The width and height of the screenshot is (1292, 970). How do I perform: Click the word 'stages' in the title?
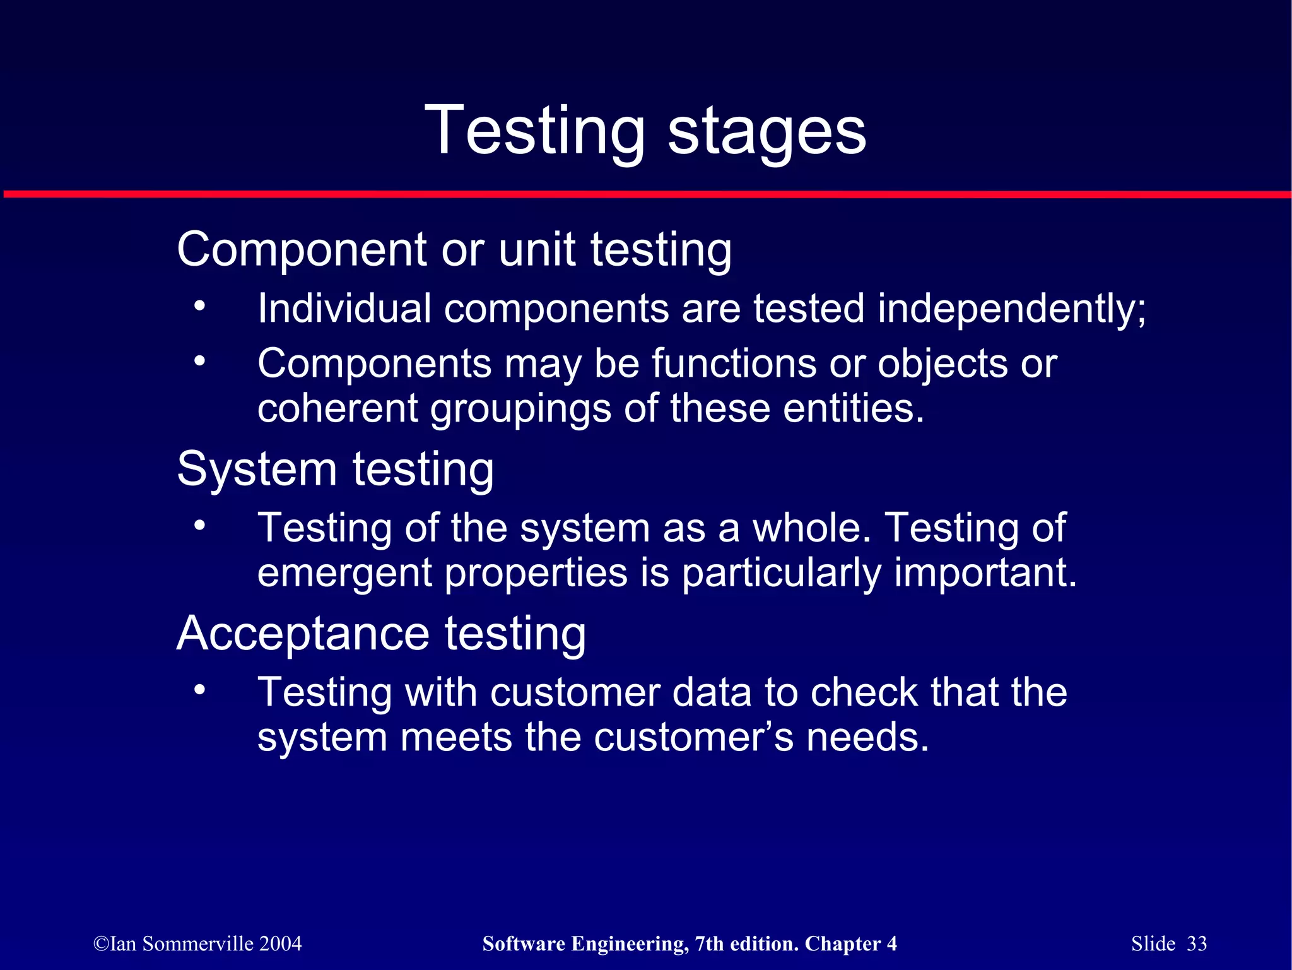point(766,133)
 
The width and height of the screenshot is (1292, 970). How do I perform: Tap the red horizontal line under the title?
point(646,194)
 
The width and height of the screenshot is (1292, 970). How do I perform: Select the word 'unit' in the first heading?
point(537,249)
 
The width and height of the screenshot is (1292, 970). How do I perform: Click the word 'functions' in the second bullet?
point(734,364)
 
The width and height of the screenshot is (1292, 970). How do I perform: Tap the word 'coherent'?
point(338,408)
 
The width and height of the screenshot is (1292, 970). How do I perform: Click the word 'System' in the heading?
point(257,470)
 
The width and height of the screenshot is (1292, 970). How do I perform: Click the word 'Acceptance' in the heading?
point(303,634)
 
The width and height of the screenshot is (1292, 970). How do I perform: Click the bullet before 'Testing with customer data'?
point(199,690)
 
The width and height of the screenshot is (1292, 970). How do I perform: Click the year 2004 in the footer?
point(280,943)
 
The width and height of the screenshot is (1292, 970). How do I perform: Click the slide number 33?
point(1196,943)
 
